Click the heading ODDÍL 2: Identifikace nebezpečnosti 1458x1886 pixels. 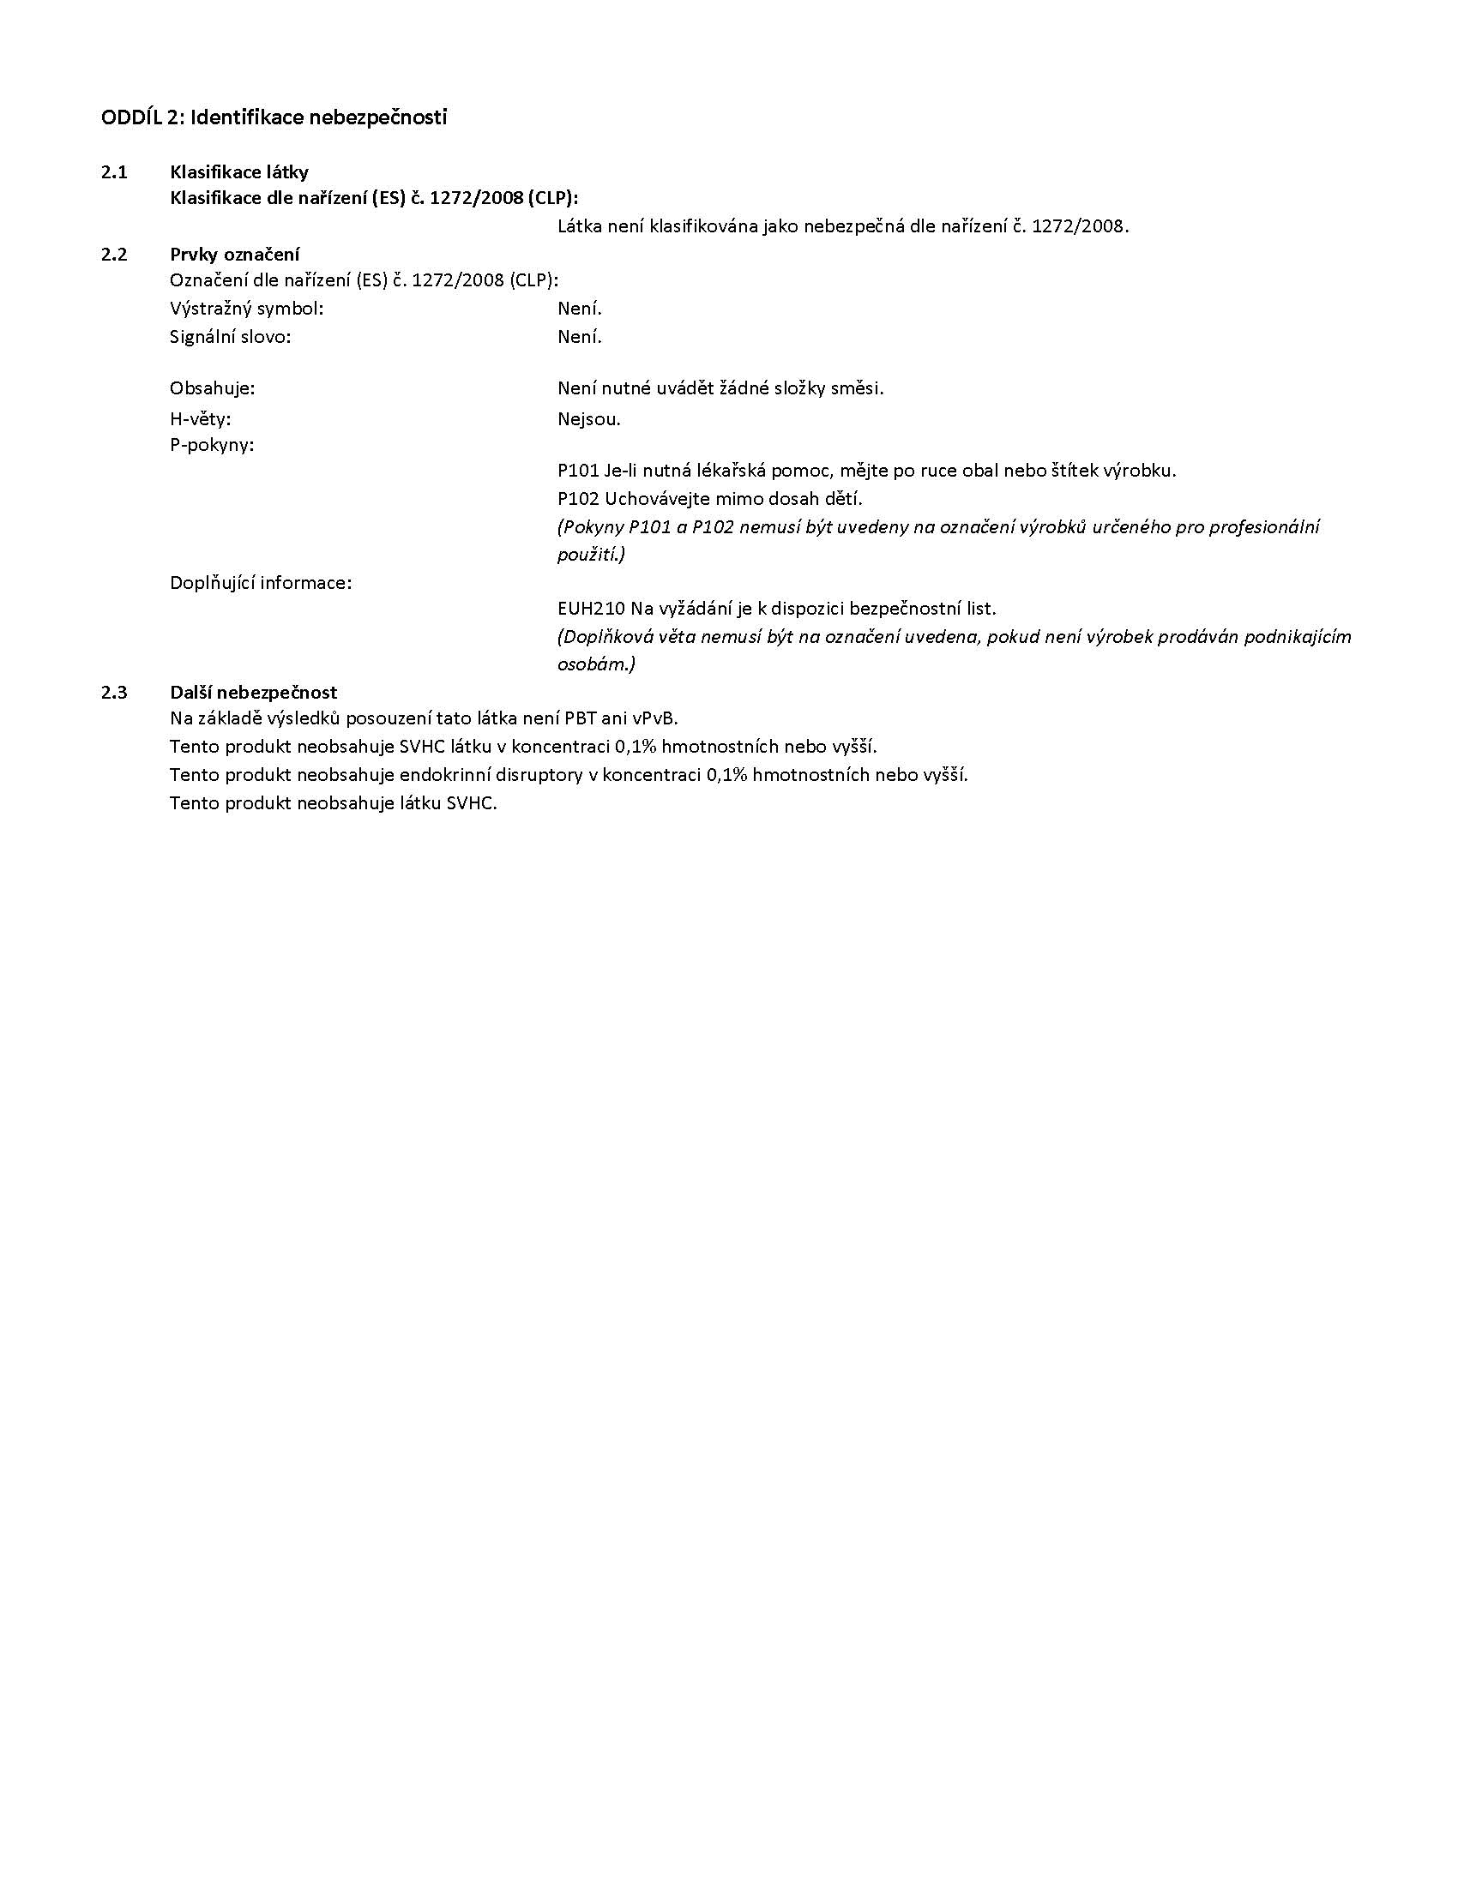274,117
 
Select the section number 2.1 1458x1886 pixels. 114,171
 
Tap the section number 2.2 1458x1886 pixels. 114,254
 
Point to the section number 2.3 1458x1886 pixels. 114,692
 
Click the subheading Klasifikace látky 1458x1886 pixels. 239,171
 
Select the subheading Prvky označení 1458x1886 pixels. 235,254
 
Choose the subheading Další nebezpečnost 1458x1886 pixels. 253,692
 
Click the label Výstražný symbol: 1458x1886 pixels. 246,309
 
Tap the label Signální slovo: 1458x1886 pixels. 230,337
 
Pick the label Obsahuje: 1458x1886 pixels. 213,388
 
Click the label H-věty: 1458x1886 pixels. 201,420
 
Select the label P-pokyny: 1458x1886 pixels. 212,446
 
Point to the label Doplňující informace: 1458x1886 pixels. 261,583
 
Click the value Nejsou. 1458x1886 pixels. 589,420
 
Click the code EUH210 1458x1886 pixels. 591,609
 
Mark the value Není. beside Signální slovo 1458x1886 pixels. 580,337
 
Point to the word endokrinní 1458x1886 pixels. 444,775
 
